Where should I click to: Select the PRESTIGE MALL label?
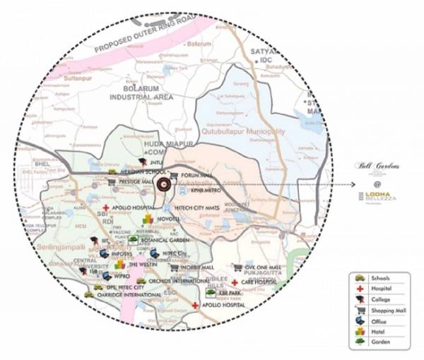pyautogui.click(x=135, y=181)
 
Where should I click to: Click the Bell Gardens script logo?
pyautogui.click(x=378, y=166)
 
